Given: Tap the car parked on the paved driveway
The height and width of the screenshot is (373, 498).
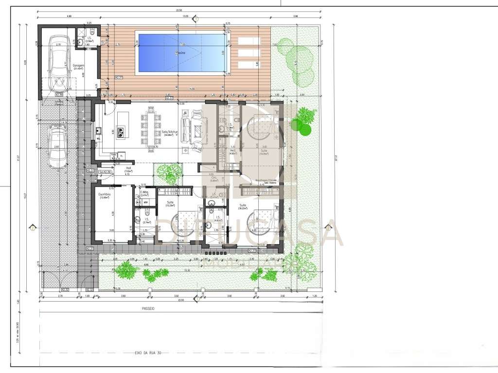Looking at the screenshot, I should (x=57, y=145).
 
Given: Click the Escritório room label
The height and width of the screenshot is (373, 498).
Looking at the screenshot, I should (x=105, y=195).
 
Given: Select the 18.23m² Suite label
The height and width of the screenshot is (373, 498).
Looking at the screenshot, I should (x=242, y=207).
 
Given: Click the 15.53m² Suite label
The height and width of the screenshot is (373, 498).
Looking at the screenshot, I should (x=170, y=204).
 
